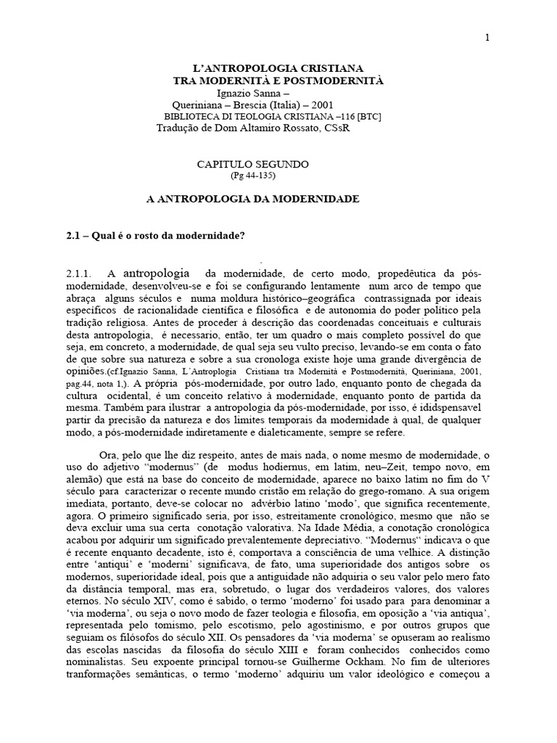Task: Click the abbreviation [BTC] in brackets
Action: point(366,117)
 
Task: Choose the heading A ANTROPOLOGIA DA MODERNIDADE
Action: point(249,198)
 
